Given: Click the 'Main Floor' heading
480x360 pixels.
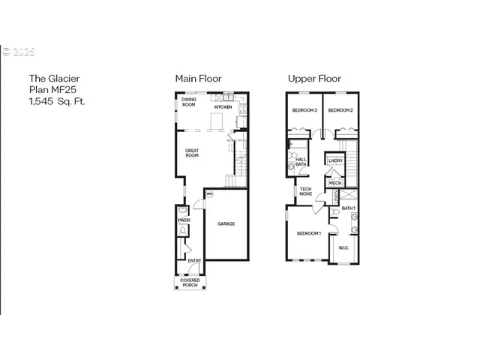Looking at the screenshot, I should [198, 78].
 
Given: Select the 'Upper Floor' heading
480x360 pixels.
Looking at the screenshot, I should [315, 78].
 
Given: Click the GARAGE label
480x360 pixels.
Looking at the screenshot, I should [226, 223].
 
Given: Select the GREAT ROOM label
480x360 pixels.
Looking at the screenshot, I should [192, 152].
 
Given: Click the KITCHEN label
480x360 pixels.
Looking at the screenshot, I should [223, 107].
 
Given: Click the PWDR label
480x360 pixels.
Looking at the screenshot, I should [182, 220].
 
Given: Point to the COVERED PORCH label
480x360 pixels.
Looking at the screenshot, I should [190, 283].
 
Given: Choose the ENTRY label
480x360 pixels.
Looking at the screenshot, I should [193, 261].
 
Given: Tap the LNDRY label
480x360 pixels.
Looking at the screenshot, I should [335, 160].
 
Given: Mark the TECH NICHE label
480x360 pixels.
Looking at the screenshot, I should [306, 191].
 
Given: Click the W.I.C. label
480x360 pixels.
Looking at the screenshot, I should [343, 247].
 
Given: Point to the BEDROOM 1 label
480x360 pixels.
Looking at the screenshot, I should [309, 233].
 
